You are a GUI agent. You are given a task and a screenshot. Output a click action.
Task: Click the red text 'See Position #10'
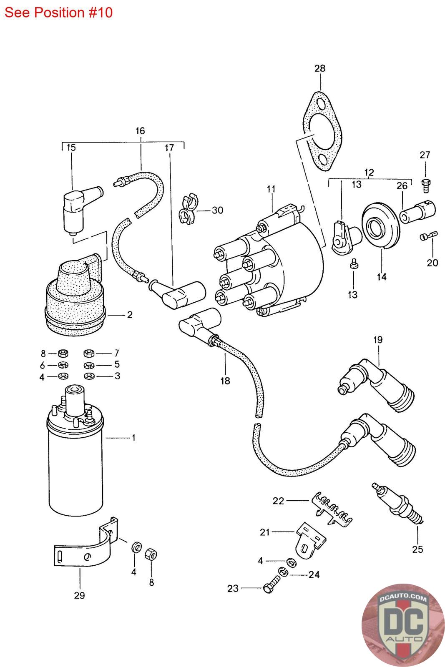pos(58,13)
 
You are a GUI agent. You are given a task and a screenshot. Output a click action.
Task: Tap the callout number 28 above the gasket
pos(320,68)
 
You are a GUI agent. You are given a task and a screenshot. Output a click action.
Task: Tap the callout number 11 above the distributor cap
pos(271,189)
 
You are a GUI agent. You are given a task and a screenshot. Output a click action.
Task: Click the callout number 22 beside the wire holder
pos(279,500)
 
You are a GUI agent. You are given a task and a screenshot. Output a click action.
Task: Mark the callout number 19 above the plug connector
pos(378,340)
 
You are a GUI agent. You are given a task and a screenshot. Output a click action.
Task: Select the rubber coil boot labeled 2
pos(75,296)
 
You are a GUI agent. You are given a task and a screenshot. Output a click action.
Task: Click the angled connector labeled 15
pos(79,208)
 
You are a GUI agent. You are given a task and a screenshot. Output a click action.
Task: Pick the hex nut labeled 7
pos(89,354)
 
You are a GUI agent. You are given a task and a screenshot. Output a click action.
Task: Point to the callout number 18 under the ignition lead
pos(225,381)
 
